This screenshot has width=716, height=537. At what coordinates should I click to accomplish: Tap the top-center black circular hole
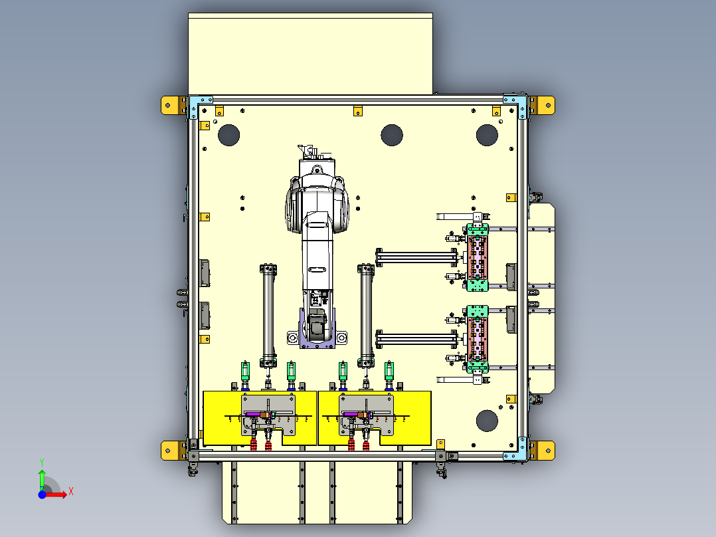392,135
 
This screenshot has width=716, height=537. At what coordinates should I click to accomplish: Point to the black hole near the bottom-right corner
487,420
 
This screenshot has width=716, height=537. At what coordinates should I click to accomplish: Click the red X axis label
71,491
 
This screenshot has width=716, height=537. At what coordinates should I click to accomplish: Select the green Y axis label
41,461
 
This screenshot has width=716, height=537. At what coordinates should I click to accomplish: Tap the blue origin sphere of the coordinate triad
42,494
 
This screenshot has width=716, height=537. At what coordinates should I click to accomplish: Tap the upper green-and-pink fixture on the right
477,257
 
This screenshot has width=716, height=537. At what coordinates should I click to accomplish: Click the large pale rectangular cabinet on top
310,53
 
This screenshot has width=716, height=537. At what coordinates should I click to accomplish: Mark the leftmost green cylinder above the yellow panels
246,371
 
